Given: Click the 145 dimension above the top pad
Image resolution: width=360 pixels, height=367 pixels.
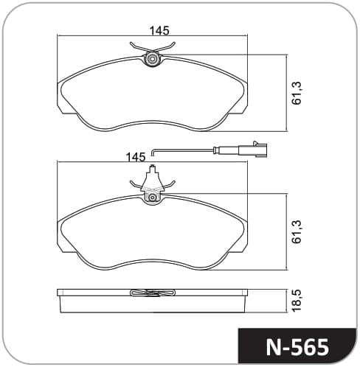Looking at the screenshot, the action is click(x=159, y=31).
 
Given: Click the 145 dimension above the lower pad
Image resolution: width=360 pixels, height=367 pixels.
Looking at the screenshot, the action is click(x=136, y=157).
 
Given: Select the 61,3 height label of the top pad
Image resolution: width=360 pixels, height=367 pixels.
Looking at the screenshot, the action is click(x=297, y=94).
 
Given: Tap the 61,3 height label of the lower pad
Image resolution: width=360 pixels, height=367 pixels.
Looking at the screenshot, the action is click(x=297, y=232).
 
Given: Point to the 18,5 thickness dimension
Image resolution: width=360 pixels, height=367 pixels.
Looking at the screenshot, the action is click(x=297, y=301).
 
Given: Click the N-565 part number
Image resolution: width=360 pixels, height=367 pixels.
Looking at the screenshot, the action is click(x=297, y=347).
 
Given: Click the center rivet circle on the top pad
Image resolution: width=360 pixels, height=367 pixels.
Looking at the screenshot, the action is click(x=152, y=59).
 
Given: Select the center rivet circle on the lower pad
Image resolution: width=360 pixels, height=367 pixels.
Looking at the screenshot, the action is click(x=153, y=197).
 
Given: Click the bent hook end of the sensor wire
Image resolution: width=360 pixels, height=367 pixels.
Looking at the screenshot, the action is click(x=153, y=153).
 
